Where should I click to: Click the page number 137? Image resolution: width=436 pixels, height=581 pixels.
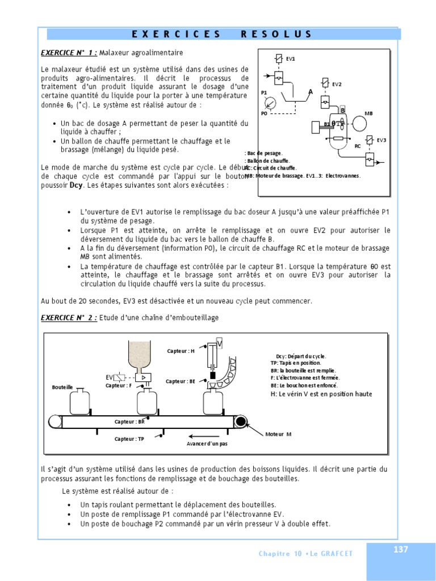point(401,549)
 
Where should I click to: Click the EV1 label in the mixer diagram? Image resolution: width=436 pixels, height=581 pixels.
point(290,58)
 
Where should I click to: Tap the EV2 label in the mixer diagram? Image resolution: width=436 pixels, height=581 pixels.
point(337,85)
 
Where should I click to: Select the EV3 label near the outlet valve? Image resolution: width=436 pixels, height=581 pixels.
point(381,140)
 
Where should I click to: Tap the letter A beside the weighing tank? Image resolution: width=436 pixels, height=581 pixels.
point(311,92)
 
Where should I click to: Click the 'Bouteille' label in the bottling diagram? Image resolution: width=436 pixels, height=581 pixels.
point(62,387)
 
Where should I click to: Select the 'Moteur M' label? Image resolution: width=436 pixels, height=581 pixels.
point(278,434)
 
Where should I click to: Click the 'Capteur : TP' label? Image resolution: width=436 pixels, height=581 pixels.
point(129,439)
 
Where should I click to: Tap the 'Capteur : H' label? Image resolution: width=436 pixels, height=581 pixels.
point(181,351)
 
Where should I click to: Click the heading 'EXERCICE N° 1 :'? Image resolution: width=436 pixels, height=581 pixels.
point(69,53)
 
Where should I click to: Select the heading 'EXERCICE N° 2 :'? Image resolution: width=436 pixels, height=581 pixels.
point(69,318)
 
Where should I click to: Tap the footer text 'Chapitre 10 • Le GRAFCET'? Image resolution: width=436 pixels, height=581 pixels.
point(305,554)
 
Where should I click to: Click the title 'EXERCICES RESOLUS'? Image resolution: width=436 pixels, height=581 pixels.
point(222,34)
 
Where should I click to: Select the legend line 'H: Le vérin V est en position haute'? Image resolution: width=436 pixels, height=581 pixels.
point(321,394)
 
